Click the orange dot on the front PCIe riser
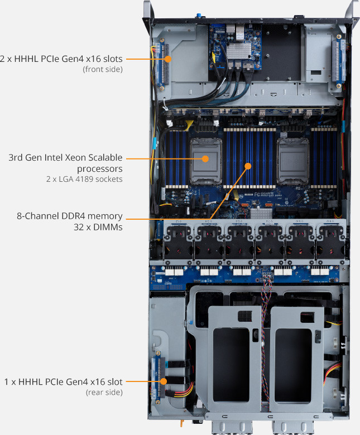click(x=167, y=59)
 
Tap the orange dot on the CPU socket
click(x=205, y=159)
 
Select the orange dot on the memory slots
click(x=248, y=166)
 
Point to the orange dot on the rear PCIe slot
click(x=164, y=381)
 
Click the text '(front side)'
click(x=103, y=69)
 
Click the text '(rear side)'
click(x=104, y=392)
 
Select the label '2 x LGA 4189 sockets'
click(x=84, y=179)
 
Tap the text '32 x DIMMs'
click(x=98, y=227)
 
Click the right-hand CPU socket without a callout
click(x=293, y=162)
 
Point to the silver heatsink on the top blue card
click(x=238, y=51)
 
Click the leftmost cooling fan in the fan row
click(x=178, y=242)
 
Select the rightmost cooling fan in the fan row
click(x=331, y=242)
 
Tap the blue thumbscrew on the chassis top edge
click(x=199, y=15)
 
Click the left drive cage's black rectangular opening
click(x=231, y=365)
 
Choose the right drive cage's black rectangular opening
click(x=293, y=365)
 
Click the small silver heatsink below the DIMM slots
click(x=261, y=214)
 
